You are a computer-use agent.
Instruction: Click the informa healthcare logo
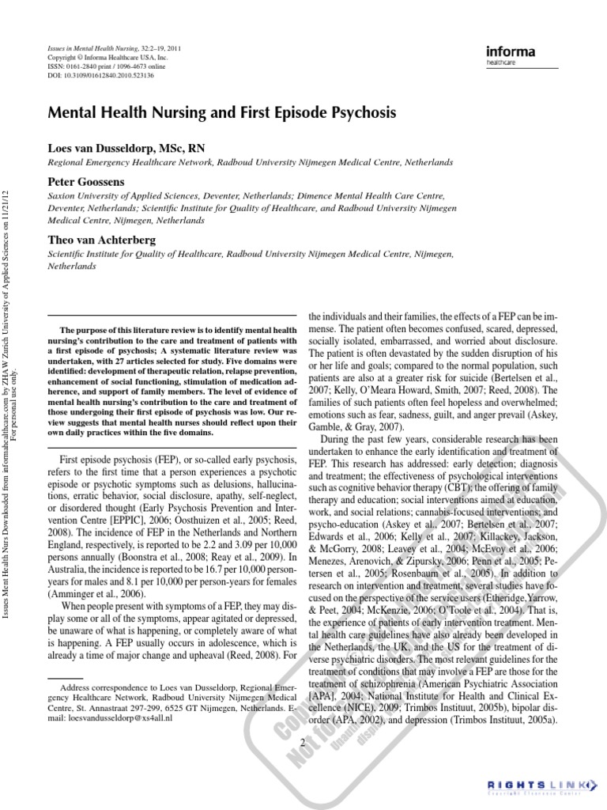click(x=511, y=55)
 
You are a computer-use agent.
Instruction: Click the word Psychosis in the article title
click(x=355, y=113)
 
